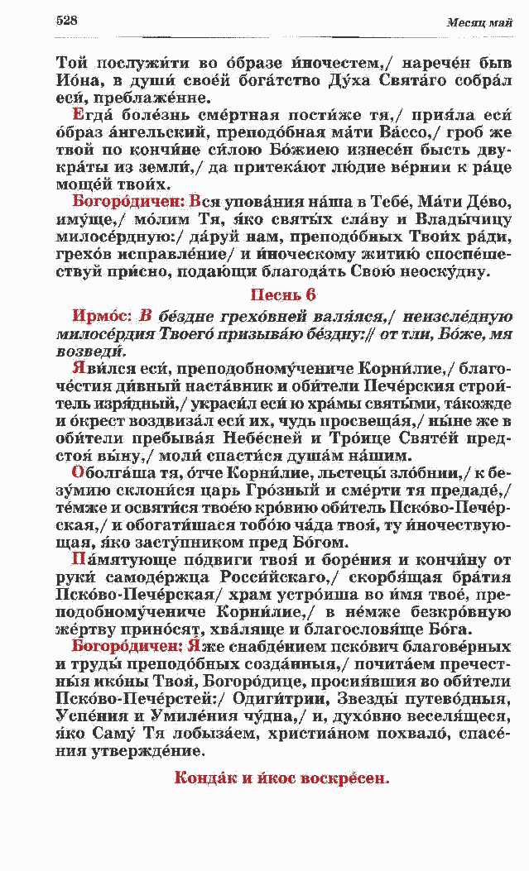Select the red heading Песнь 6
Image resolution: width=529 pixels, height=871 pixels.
point(283,295)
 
